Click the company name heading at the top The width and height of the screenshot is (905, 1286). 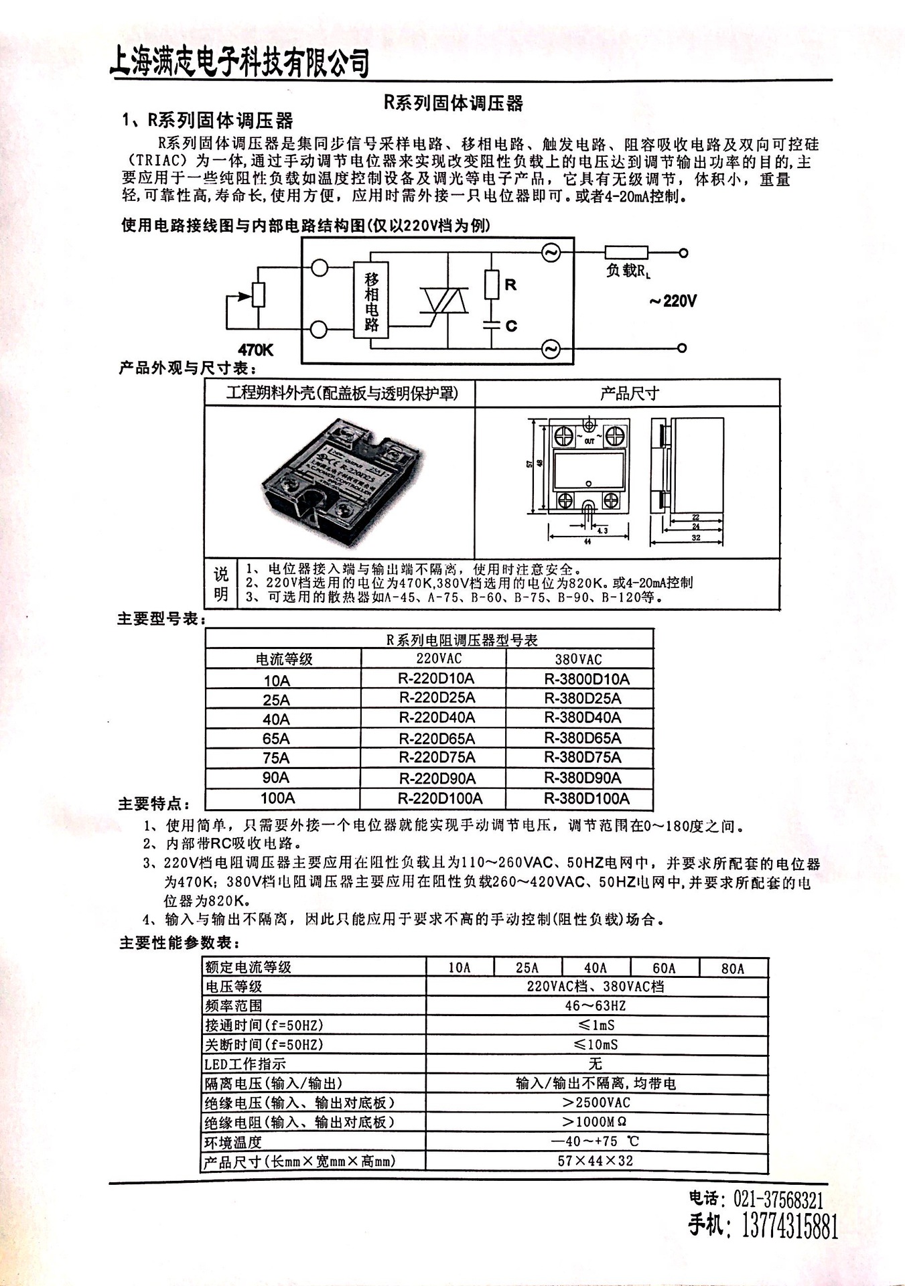tap(240, 63)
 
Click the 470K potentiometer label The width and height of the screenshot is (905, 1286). tap(256, 350)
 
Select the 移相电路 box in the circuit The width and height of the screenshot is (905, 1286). tap(372, 301)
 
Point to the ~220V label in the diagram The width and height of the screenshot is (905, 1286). tap(673, 301)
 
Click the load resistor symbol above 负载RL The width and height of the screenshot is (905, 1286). tap(626, 253)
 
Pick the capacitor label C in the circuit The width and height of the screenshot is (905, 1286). tap(511, 326)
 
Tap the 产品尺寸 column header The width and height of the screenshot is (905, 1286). tap(628, 393)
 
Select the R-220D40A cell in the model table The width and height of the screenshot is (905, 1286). tap(437, 717)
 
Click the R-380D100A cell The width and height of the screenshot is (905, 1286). tap(586, 798)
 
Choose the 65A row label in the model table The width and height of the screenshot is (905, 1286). tap(276, 739)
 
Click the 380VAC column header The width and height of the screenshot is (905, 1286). tap(578, 659)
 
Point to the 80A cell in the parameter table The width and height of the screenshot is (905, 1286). tap(733, 968)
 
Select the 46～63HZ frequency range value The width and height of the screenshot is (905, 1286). tap(595, 1005)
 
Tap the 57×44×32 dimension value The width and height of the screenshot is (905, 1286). tap(595, 1161)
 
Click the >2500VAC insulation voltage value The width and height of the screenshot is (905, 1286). tap(596, 1102)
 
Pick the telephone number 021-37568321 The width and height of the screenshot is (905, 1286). tap(778, 1199)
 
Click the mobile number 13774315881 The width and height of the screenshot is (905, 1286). tap(790, 1228)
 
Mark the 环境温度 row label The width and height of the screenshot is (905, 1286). tap(233, 1142)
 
